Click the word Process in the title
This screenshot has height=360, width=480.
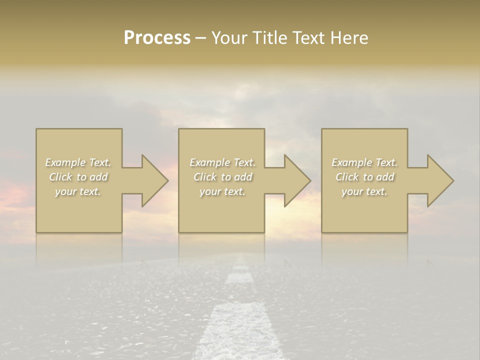157,38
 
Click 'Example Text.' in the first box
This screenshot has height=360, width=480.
78,162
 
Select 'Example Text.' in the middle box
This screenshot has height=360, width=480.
222,162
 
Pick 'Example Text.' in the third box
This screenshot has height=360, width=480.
364,162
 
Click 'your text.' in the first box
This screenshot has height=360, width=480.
78,191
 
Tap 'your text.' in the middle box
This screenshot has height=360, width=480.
222,191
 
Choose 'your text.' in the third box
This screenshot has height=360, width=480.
364,191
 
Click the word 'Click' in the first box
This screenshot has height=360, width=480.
60,177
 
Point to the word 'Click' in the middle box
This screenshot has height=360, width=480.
205,177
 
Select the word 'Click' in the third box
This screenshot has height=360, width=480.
347,177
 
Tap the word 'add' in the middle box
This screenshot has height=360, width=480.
243,177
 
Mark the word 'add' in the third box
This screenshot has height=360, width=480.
385,177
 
